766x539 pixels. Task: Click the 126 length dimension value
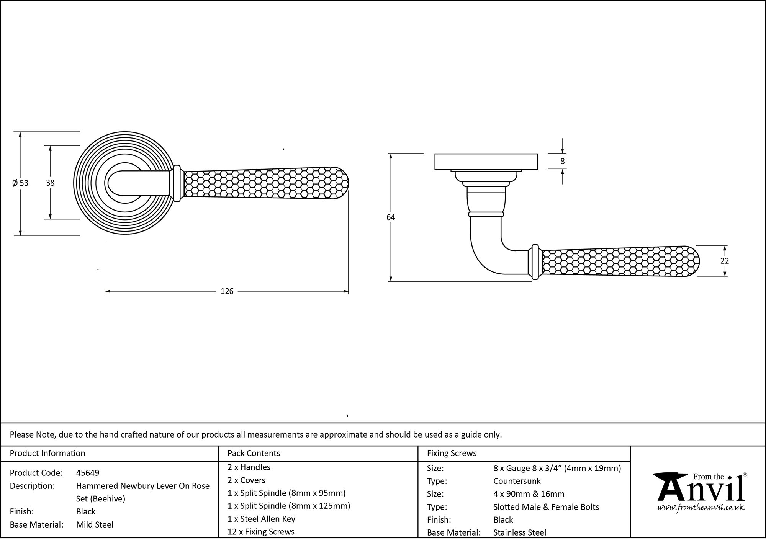pyautogui.click(x=227, y=292)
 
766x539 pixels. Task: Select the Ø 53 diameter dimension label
pyautogui.click(x=20, y=183)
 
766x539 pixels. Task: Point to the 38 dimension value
pyautogui.click(x=50, y=183)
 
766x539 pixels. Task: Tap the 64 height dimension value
pyautogui.click(x=391, y=217)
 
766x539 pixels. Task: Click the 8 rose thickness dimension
pyautogui.click(x=562, y=162)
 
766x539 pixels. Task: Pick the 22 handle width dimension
pyautogui.click(x=725, y=261)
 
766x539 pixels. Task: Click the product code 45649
pyautogui.click(x=88, y=473)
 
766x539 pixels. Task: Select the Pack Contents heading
pyautogui.click(x=254, y=453)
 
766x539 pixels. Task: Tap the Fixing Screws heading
pyautogui.click(x=452, y=453)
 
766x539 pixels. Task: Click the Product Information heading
pyautogui.click(x=47, y=453)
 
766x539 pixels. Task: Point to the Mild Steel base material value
pyautogui.click(x=95, y=524)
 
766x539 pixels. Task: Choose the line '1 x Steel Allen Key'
pyautogui.click(x=261, y=519)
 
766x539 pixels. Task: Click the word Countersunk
pyautogui.click(x=517, y=481)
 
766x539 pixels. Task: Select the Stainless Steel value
pyautogui.click(x=520, y=532)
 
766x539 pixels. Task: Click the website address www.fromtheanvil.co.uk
pyautogui.click(x=701, y=508)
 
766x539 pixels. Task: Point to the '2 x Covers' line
pyautogui.click(x=246, y=480)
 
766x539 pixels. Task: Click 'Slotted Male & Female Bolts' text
pyautogui.click(x=546, y=507)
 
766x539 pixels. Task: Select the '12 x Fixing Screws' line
pyautogui.click(x=261, y=532)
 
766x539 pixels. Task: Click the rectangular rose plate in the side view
pyautogui.click(x=486, y=161)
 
